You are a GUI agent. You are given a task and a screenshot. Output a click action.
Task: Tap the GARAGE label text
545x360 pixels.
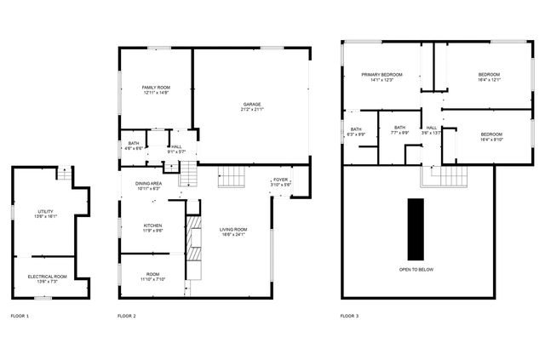tap(252, 105)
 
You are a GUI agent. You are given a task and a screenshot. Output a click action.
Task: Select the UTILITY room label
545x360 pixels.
tap(45, 212)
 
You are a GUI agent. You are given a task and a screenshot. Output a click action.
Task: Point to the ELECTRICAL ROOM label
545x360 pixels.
tap(47, 277)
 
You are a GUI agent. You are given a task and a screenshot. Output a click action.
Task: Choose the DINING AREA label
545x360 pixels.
tap(149, 184)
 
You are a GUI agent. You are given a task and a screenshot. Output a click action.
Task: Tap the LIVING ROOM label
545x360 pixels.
tap(232, 229)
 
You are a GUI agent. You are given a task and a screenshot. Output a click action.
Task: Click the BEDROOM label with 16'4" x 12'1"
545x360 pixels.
tap(489, 75)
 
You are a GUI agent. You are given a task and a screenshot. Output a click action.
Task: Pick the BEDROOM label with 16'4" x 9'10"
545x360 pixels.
tap(491, 134)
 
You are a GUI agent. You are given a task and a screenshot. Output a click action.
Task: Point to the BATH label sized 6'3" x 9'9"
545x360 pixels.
tap(356, 129)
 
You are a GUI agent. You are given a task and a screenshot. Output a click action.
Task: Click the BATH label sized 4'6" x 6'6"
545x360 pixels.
tap(134, 144)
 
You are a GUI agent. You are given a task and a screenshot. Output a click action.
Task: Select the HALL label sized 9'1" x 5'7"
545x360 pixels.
tap(176, 147)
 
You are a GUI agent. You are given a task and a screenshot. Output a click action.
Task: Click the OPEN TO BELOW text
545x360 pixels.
tap(416, 270)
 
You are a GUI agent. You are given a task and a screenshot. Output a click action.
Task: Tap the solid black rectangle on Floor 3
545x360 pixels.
tap(416, 229)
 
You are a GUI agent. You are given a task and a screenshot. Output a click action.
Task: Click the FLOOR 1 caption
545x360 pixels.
tap(20, 316)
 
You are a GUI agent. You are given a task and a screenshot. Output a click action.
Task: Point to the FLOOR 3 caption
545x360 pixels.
tap(349, 316)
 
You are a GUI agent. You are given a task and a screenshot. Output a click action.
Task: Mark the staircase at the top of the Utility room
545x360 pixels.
tap(65, 174)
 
